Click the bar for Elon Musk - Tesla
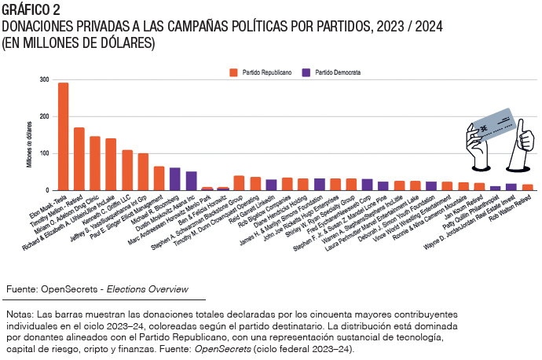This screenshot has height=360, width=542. tap(63, 137)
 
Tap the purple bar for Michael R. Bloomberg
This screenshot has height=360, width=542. tap(174, 179)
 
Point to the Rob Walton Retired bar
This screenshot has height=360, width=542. tap(528, 187)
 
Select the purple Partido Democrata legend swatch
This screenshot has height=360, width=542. tap(307, 72)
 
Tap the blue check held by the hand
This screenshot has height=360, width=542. tap(492, 126)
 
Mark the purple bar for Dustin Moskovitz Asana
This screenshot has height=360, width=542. tap(191, 181)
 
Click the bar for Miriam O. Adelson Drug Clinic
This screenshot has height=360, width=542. tap(95, 163)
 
